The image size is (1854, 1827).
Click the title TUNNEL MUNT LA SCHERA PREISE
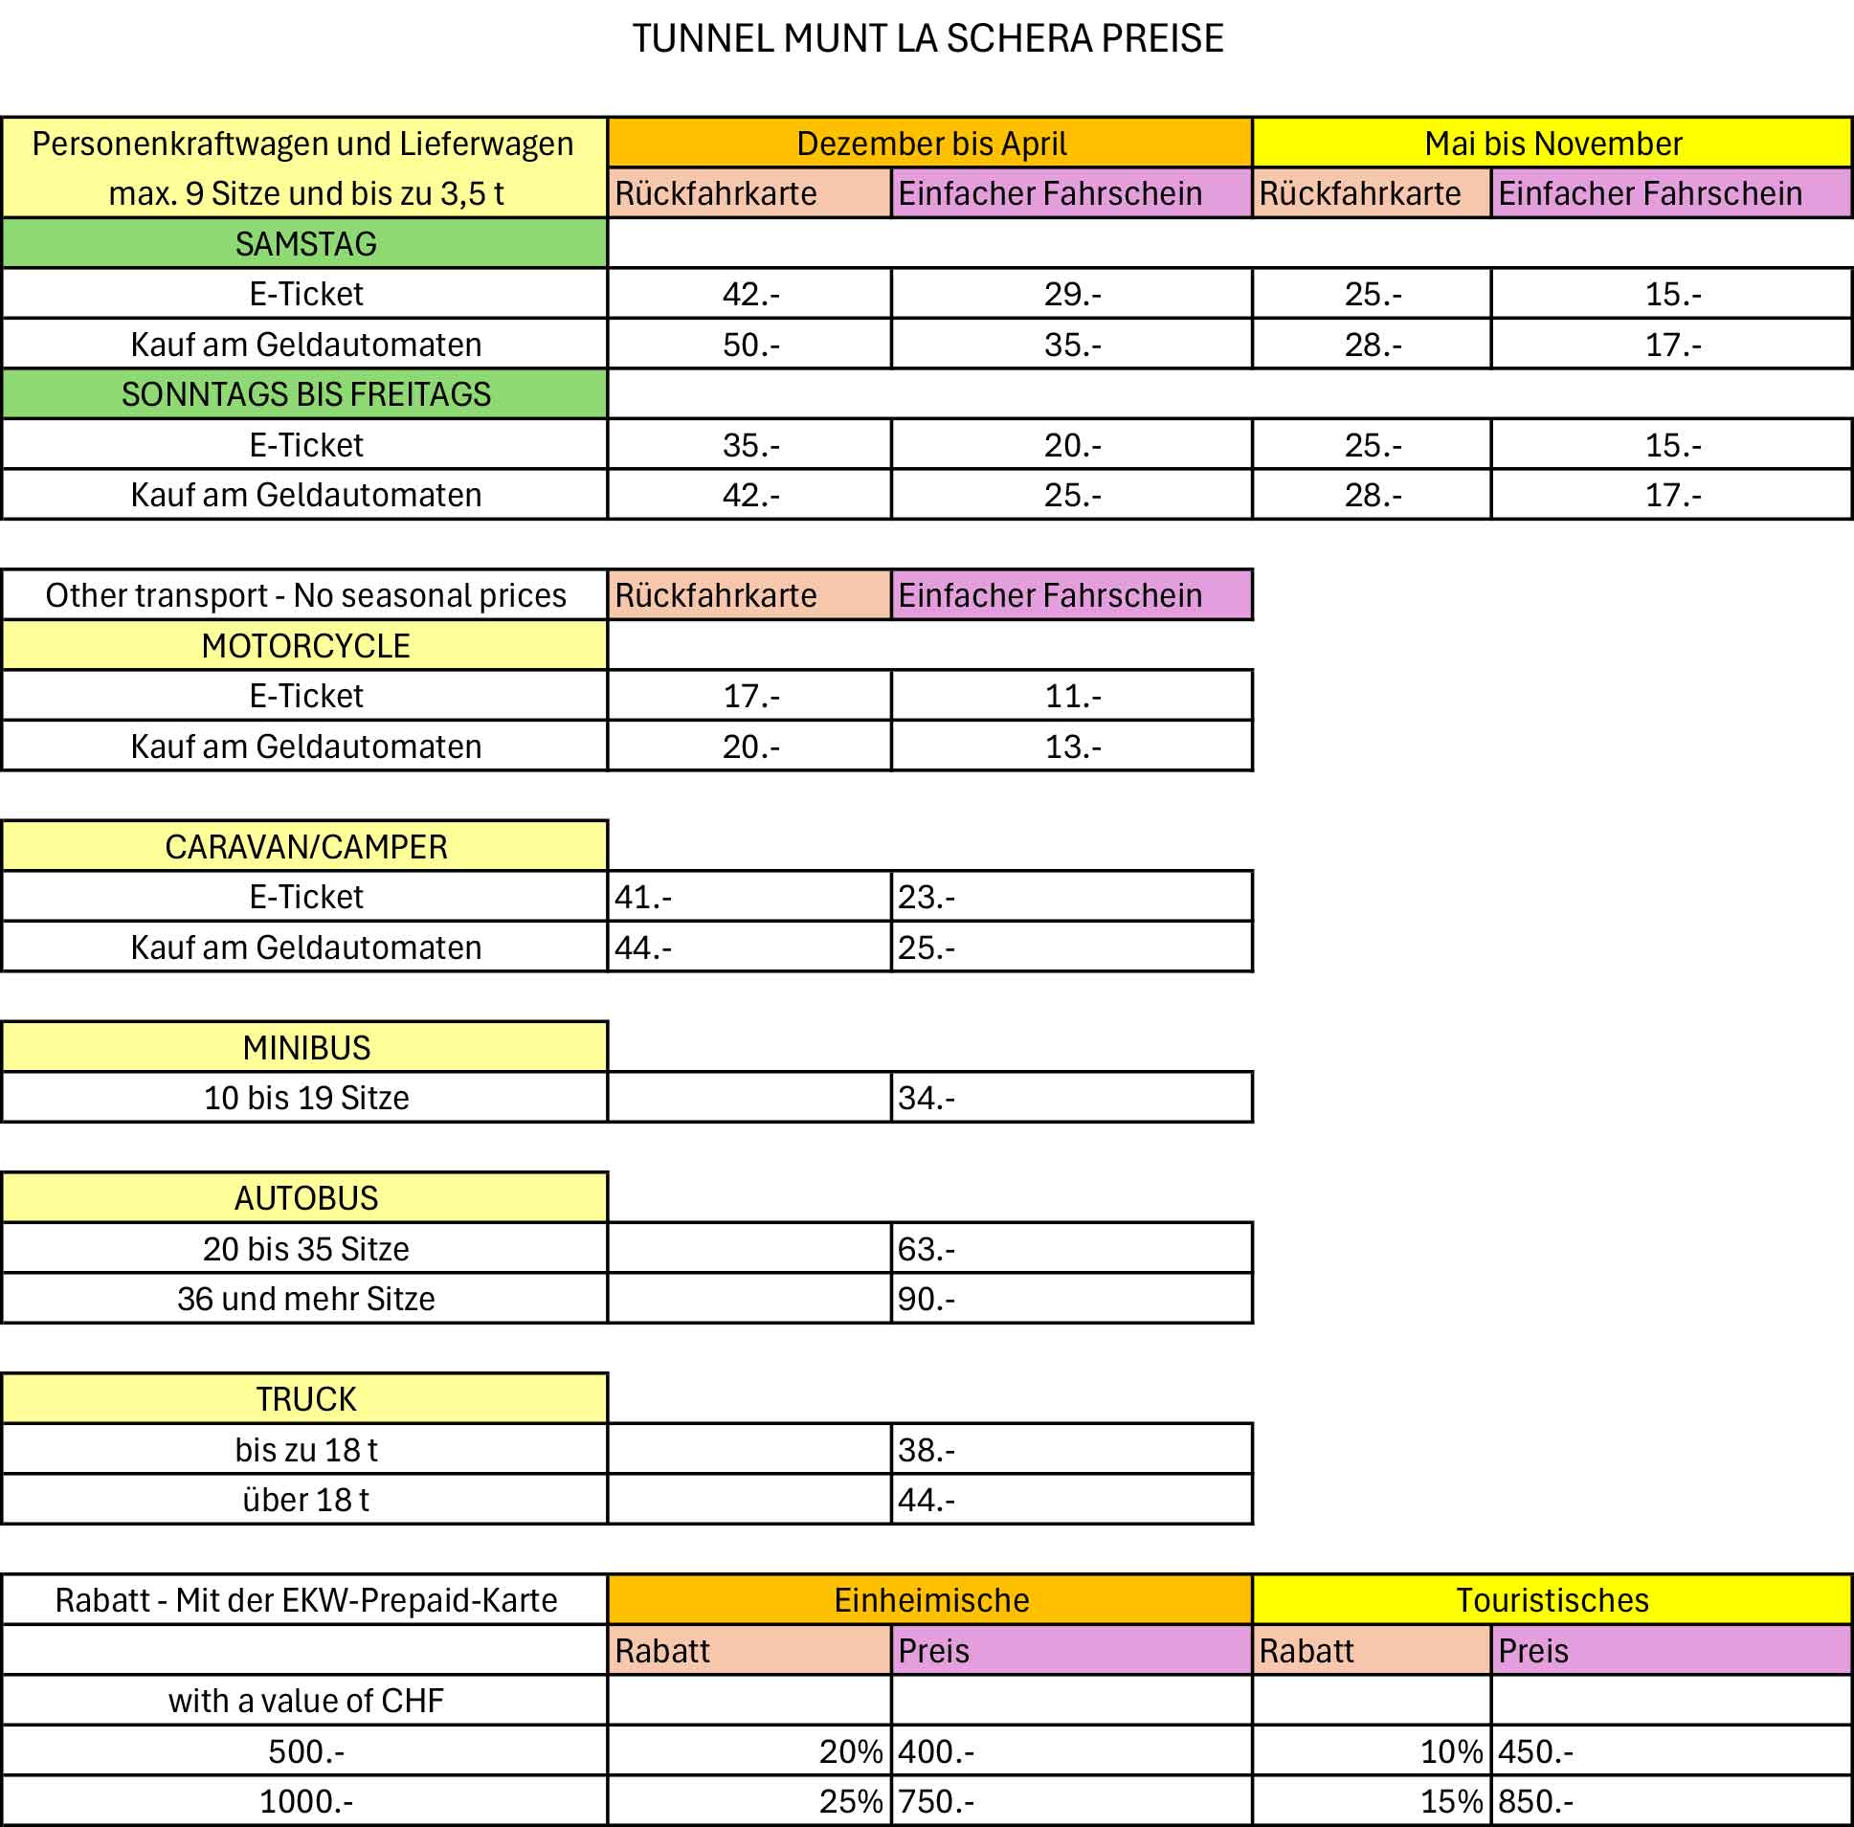927,39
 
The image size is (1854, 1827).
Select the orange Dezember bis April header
930,144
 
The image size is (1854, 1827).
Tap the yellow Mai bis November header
1552,144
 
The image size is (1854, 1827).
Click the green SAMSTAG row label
305,244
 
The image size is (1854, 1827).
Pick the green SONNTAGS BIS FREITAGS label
305,394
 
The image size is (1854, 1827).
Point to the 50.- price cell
750,345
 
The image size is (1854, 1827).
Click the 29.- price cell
1072,294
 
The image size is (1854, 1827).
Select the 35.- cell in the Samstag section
1072,345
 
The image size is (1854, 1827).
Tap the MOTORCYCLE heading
305,646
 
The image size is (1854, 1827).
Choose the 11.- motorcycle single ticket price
1072,696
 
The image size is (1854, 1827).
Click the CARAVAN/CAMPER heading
305,846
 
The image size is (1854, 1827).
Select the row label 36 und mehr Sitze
305,1299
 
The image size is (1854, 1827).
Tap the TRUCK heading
305,1399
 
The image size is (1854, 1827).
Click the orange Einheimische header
930,1600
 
